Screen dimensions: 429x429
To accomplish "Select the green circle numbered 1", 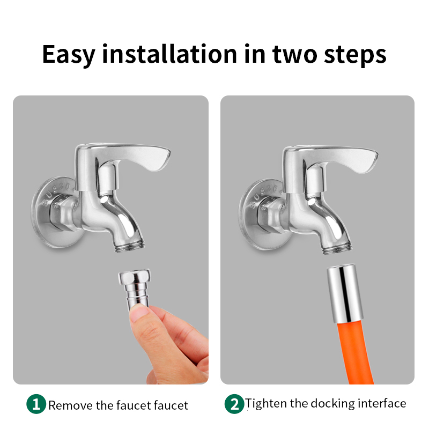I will [x=36, y=404].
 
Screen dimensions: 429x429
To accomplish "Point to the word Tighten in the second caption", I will [x=266, y=403].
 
